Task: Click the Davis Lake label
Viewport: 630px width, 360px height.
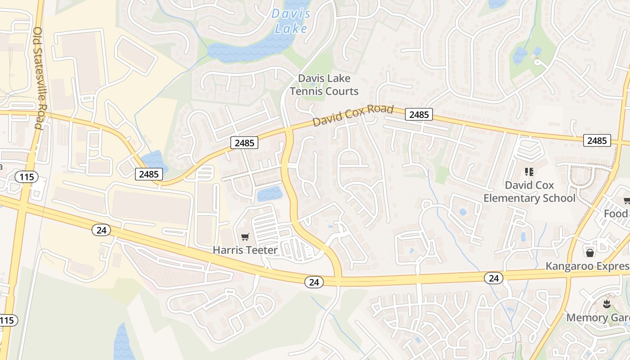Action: pyautogui.click(x=291, y=21)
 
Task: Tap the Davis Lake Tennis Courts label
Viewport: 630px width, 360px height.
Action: pyautogui.click(x=324, y=85)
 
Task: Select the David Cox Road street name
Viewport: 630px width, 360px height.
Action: pyautogui.click(x=353, y=116)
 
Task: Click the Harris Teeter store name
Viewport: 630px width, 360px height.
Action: pyautogui.click(x=245, y=250)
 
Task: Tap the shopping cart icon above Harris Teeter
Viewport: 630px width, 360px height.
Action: pyautogui.click(x=245, y=237)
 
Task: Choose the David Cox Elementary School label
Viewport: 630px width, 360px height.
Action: pyautogui.click(x=529, y=192)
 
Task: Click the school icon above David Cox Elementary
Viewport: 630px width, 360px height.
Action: pyautogui.click(x=529, y=171)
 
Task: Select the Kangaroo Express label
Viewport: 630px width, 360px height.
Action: pyautogui.click(x=587, y=266)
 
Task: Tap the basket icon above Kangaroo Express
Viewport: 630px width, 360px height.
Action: pyautogui.click(x=590, y=253)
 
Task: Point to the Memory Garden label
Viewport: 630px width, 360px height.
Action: pyautogui.click(x=598, y=318)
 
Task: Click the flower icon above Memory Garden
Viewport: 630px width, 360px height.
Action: pyautogui.click(x=607, y=304)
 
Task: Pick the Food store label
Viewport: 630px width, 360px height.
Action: pyautogui.click(x=616, y=214)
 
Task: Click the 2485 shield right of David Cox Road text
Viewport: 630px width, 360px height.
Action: pyautogui.click(x=419, y=115)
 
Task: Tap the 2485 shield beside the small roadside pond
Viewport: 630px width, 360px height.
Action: pyautogui.click(x=149, y=174)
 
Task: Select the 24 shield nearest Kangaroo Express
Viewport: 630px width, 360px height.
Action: pyautogui.click(x=494, y=278)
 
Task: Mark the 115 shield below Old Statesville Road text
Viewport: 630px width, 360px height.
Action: pyautogui.click(x=27, y=177)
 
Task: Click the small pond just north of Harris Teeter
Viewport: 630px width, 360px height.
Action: pyautogui.click(x=270, y=194)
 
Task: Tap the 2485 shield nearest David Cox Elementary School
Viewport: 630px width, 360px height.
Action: pyautogui.click(x=597, y=140)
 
